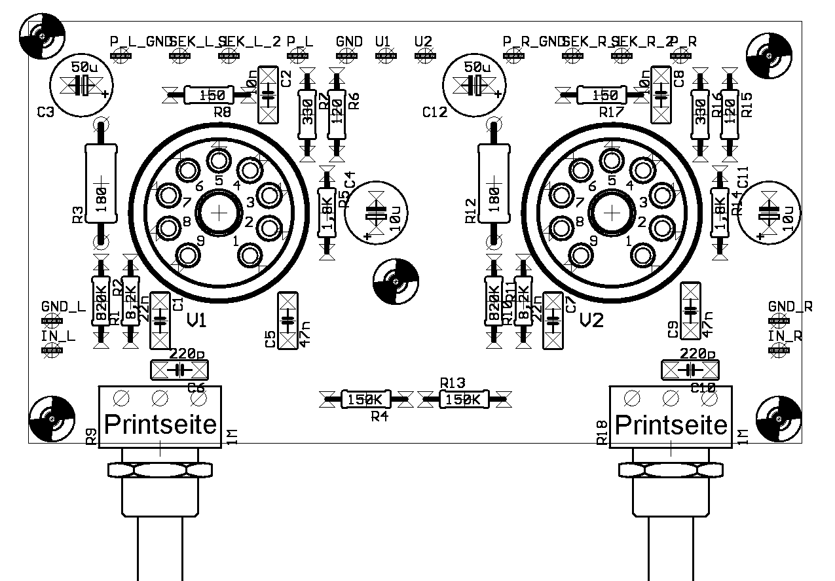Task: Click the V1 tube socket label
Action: pyautogui.click(x=197, y=321)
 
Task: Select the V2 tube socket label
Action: pyautogui.click(x=591, y=321)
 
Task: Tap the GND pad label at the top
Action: pyautogui.click(x=349, y=41)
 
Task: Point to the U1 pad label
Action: pyautogui.click(x=383, y=41)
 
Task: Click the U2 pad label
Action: pyautogui.click(x=424, y=41)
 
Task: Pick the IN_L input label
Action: pyautogui.click(x=58, y=336)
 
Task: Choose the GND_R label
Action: pyautogui.click(x=790, y=307)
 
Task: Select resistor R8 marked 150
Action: pyautogui.click(x=210, y=96)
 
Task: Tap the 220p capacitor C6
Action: pyautogui.click(x=179, y=370)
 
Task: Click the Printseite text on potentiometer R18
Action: pyautogui.click(x=671, y=425)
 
